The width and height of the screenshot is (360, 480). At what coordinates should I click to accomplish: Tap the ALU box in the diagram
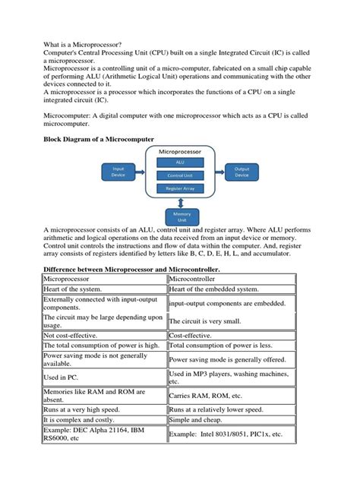pos(180,162)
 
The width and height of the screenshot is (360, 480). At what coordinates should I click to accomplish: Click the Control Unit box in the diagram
pos(180,175)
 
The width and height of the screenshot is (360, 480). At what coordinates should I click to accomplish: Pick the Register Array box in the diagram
pos(180,189)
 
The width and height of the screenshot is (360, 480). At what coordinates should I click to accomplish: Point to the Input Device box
pos(118,172)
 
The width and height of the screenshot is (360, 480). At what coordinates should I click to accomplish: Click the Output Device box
pos(242,172)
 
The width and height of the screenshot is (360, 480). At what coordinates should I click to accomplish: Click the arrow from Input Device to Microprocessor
pos(142,172)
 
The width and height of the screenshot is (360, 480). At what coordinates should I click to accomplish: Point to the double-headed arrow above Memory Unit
pos(180,203)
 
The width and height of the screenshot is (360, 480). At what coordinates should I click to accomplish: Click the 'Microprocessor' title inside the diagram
pos(180,151)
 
